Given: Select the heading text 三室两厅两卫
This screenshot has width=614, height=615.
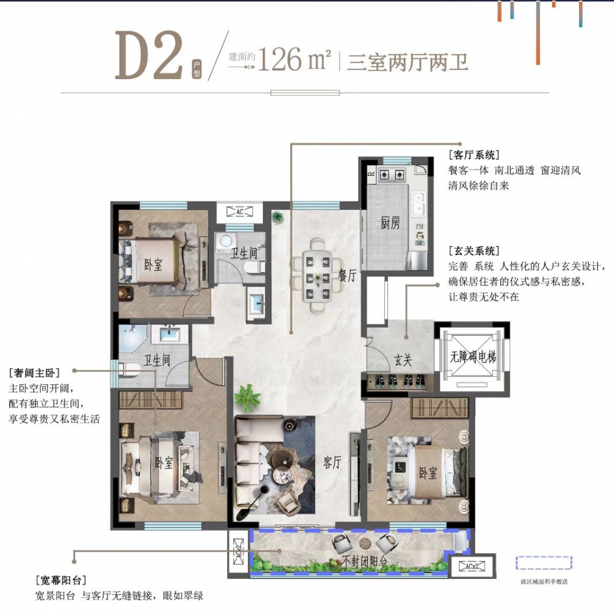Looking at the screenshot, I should (x=408, y=62).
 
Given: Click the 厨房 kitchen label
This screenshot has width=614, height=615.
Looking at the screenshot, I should (x=390, y=223).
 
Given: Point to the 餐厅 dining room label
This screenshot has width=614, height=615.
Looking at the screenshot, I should (x=348, y=276).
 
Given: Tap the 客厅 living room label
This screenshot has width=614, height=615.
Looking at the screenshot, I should (x=332, y=463).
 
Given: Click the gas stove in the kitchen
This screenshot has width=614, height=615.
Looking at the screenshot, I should (x=392, y=174).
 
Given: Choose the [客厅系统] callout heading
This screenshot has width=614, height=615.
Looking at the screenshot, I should (x=474, y=155).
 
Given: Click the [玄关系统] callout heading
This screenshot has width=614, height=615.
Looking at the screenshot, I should (x=474, y=251).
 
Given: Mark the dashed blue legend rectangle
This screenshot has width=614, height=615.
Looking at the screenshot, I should (x=543, y=563).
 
